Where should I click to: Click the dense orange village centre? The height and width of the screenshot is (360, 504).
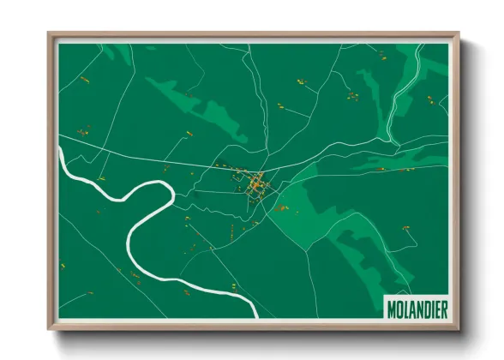pos(255,185)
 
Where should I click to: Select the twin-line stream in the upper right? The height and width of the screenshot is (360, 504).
pos(403,94)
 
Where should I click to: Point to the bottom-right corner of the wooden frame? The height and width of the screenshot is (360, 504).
pos(459,328)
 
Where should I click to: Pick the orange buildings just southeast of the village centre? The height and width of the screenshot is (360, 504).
pos(280,207)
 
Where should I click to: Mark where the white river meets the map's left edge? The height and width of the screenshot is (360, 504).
pos(60,151)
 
